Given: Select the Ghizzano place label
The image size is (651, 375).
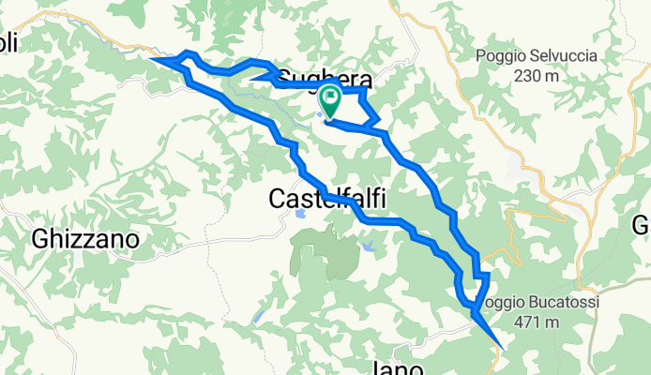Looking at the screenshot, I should tap(85, 239).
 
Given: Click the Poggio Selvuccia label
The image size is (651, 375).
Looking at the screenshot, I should tap(536, 56).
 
